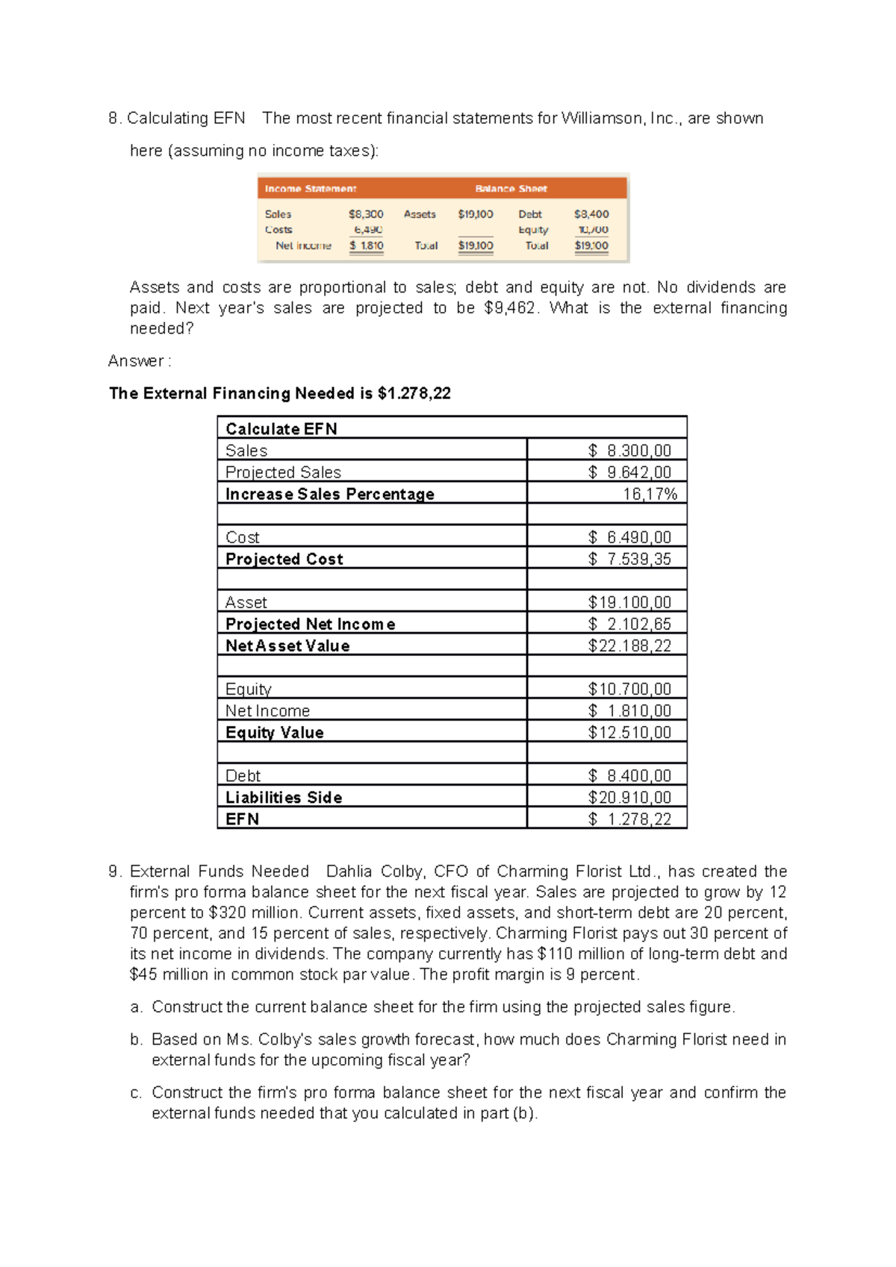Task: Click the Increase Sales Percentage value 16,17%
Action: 650,494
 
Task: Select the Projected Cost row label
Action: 284,559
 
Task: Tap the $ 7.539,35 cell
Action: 629,559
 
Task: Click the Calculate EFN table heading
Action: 281,429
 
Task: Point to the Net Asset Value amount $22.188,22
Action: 629,645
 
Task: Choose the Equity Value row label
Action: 275,732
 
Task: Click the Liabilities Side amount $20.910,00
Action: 629,797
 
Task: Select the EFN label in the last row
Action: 243,819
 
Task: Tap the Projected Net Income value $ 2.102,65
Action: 629,624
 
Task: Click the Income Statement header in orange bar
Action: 311,189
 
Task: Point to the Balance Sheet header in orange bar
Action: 511,189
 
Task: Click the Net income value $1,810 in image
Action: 367,245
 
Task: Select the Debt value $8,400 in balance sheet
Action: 591,214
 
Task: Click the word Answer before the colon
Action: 135,361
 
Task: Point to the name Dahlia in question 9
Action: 349,872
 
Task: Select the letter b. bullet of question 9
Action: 136,1039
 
